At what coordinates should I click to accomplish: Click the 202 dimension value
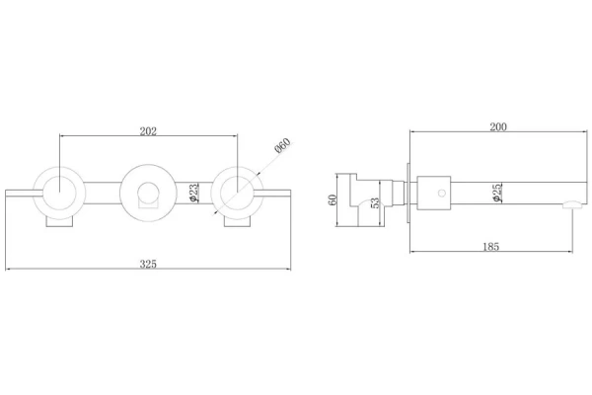click(148, 131)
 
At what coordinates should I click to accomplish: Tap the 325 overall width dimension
click(148, 264)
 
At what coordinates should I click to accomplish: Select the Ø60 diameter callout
click(283, 145)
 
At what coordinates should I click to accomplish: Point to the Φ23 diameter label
click(193, 193)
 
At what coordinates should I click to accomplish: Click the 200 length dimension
click(498, 126)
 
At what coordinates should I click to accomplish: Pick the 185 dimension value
click(490, 247)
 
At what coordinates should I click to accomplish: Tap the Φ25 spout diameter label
click(497, 193)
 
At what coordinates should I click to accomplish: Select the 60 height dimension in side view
click(333, 199)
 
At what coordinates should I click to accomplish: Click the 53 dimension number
click(375, 202)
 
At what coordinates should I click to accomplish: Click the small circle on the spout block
click(441, 194)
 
